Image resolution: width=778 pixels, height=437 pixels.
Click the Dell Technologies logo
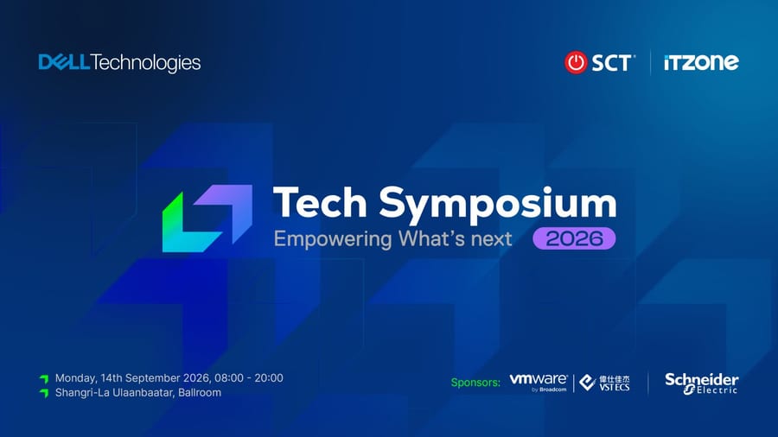[x=119, y=63]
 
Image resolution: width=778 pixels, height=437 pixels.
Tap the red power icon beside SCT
[x=576, y=62]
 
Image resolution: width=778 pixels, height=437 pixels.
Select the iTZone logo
[x=701, y=62]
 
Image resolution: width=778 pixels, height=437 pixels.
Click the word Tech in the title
[x=320, y=202]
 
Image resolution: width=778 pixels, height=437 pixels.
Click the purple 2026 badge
[x=574, y=238]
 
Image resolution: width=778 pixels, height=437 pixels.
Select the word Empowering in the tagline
[x=333, y=239]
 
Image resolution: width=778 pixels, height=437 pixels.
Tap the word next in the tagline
[x=491, y=239]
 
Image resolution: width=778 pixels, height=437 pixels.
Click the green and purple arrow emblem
[x=207, y=218]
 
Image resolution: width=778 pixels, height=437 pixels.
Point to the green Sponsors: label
[x=475, y=383]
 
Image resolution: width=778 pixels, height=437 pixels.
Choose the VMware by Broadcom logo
[x=539, y=383]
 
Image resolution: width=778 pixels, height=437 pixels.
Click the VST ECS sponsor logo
[x=604, y=383]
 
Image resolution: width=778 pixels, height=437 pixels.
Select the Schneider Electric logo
[x=702, y=383]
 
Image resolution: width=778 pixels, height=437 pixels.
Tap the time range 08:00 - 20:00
[x=249, y=378]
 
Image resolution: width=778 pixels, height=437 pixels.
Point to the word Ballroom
[x=200, y=392]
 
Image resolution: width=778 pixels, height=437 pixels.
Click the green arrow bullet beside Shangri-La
[x=44, y=394]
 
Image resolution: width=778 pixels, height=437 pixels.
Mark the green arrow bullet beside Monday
[x=44, y=379]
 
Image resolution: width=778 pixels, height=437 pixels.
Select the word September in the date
[x=153, y=378]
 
